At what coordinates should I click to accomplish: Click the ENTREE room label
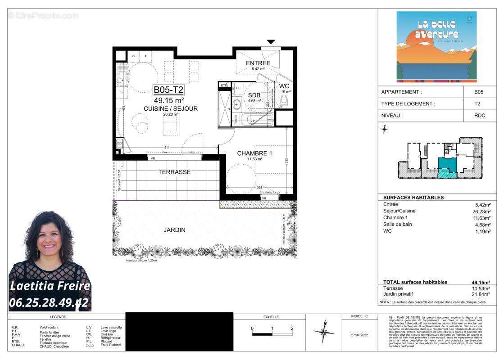point(258,63)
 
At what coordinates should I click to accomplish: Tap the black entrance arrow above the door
point(271,42)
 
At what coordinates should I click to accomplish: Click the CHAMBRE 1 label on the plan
point(254,153)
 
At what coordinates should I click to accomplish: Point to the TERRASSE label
point(174,172)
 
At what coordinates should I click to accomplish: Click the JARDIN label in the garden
point(174,229)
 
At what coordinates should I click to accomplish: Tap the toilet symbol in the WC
point(284,101)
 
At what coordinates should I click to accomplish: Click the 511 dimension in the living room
point(167,148)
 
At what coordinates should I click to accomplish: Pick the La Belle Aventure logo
point(436,47)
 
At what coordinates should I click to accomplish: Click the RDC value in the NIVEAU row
point(478,115)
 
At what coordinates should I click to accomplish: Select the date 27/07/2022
point(359,335)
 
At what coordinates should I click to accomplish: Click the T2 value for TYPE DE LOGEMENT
point(478,103)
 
